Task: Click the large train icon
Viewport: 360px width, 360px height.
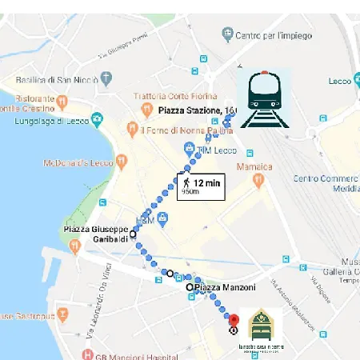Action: click(x=265, y=99)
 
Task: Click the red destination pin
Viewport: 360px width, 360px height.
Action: click(x=234, y=319)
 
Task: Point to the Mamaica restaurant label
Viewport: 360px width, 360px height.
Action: click(x=254, y=166)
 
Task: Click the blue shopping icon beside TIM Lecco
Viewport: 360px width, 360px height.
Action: click(x=190, y=149)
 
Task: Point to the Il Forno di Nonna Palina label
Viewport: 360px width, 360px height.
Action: click(x=184, y=130)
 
